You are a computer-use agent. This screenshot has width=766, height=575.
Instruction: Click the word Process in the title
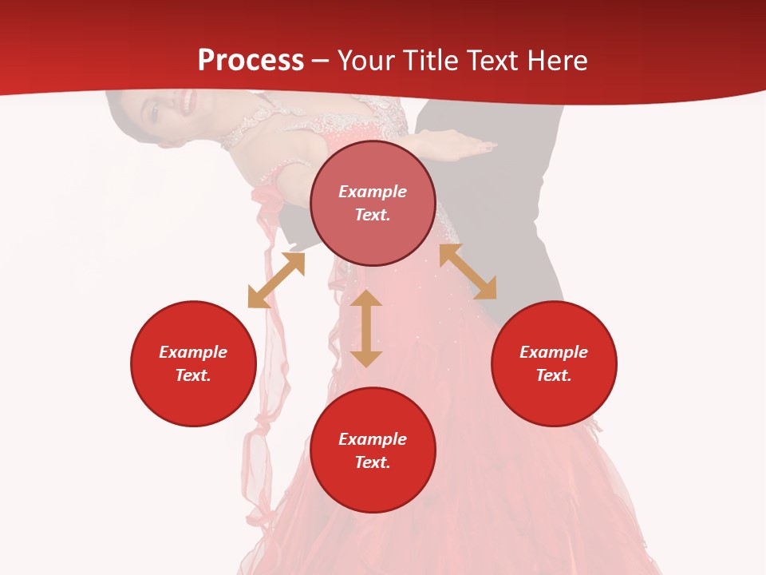click(x=251, y=61)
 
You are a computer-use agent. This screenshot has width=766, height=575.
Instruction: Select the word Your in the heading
click(x=366, y=61)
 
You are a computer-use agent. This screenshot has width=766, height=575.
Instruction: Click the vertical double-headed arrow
click(x=366, y=328)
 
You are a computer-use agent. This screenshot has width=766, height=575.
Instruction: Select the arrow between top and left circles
click(x=276, y=280)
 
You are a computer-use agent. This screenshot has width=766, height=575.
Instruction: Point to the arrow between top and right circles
click(x=468, y=272)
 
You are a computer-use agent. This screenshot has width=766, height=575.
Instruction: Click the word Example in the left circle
click(x=193, y=352)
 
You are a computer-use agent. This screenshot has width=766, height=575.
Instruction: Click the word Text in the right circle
click(x=553, y=375)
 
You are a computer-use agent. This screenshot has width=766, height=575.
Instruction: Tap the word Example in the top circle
click(x=373, y=192)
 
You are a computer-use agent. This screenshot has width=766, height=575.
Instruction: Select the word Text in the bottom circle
click(x=373, y=462)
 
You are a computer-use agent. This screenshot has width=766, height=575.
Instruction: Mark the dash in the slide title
click(x=320, y=61)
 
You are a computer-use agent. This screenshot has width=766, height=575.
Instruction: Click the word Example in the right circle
click(x=554, y=352)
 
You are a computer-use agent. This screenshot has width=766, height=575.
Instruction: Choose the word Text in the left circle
click(x=192, y=375)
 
